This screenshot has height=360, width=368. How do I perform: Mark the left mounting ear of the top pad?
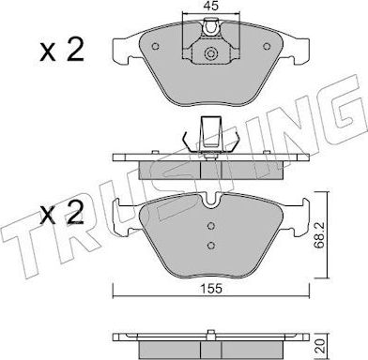(x=120, y=49)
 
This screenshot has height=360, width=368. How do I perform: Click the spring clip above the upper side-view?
(x=212, y=137)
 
